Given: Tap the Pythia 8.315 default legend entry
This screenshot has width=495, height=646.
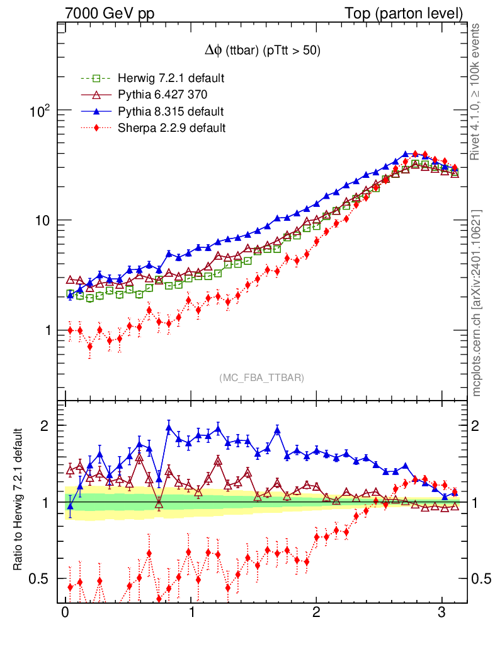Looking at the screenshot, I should [x=171, y=112].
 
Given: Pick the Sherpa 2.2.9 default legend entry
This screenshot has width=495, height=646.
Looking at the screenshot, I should [x=171, y=128].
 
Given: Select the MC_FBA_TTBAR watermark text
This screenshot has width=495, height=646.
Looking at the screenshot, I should [x=262, y=378].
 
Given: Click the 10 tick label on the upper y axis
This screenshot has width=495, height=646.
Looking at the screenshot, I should [x=42, y=221].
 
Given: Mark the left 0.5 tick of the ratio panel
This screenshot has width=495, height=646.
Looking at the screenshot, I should [x=40, y=578].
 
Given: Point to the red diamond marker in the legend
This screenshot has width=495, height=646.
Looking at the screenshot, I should [x=96, y=128].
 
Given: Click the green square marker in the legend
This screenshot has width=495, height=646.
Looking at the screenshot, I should [x=96, y=79].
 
